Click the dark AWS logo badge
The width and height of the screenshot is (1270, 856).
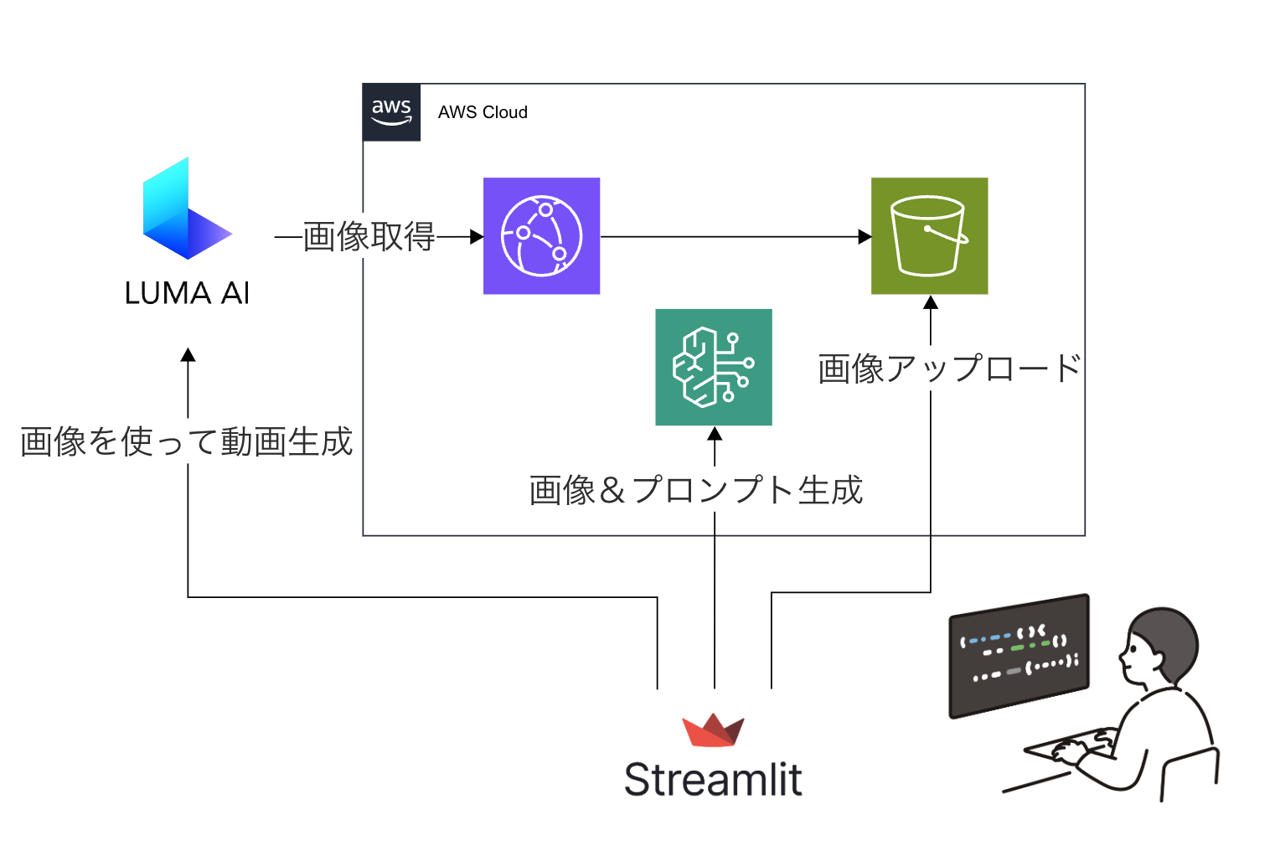point(391,112)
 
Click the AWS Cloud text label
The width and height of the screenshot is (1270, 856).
point(483,112)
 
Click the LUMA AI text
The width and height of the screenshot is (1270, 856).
point(187,293)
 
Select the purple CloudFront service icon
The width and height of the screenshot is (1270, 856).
point(541,236)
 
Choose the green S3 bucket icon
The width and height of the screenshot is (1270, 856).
point(929,236)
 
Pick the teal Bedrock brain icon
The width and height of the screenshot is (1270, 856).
point(713,367)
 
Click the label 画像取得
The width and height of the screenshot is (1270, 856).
point(369,237)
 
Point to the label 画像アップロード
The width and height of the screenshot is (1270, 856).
point(949,369)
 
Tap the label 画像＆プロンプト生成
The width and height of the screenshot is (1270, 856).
point(695,490)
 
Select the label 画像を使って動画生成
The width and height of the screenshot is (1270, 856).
point(186,441)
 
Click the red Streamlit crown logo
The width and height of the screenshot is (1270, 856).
point(713,730)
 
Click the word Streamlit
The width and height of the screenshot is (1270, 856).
point(713,780)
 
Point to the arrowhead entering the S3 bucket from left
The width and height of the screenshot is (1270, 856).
point(865,237)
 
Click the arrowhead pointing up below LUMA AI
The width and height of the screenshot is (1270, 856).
point(188,355)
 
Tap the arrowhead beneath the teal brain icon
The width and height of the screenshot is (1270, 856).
point(715,434)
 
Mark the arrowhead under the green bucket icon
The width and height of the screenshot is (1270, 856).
point(930,302)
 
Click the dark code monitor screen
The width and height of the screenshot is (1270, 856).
point(1019,655)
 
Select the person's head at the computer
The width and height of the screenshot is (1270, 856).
point(1161,645)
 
